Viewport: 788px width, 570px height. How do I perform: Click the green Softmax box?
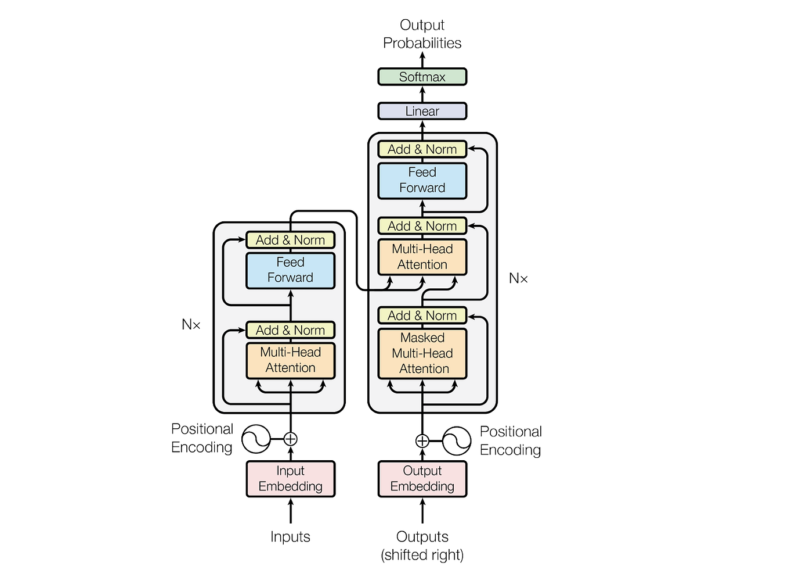pyautogui.click(x=422, y=77)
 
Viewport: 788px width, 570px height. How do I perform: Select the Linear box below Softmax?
pyautogui.click(x=422, y=111)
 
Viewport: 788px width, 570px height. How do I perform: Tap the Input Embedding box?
pyautogui.click(x=290, y=479)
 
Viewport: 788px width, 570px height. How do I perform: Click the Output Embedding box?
pyautogui.click(x=422, y=479)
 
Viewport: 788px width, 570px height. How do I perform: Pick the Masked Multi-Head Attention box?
pyautogui.click(x=422, y=353)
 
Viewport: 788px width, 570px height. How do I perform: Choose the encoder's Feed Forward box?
pyautogui.click(x=290, y=270)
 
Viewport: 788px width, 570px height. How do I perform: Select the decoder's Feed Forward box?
pyautogui.click(x=422, y=180)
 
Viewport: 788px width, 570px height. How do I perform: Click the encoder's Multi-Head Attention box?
pyautogui.click(x=290, y=360)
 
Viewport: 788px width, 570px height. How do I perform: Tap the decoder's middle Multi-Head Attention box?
pyautogui.click(x=422, y=257)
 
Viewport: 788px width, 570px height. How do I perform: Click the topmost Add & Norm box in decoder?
pyautogui.click(x=422, y=149)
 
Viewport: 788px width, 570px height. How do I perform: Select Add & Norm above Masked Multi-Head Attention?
pyautogui.click(x=422, y=316)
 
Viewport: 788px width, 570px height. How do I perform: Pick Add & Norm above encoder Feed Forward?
pyautogui.click(x=290, y=240)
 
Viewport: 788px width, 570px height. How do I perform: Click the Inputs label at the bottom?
pyautogui.click(x=290, y=537)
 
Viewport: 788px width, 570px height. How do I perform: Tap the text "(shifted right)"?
pyautogui.click(x=422, y=555)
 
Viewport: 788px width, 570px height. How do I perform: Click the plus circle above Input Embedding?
pyautogui.click(x=291, y=439)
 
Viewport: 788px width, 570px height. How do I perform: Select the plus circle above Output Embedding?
pyautogui.click(x=422, y=441)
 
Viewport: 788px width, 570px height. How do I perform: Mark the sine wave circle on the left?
pyautogui.click(x=256, y=439)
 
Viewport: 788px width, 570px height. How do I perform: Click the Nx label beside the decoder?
pyautogui.click(x=518, y=278)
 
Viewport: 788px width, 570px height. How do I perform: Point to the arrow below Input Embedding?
pyautogui.click(x=291, y=511)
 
